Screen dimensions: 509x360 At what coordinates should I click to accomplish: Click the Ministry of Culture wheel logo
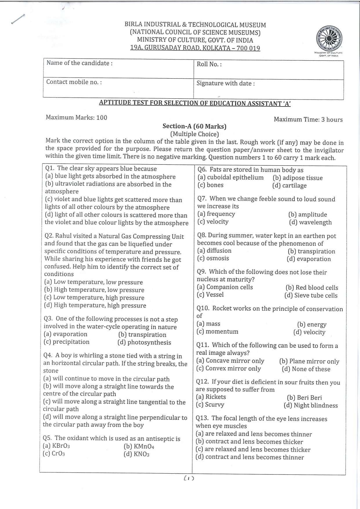pos(329,39)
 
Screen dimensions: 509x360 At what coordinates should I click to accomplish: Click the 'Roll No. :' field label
pos(209,64)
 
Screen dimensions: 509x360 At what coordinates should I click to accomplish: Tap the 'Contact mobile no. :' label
pos(74,82)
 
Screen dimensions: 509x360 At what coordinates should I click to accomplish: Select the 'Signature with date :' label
pos(225,84)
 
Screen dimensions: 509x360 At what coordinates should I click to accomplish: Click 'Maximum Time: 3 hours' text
pos(308,120)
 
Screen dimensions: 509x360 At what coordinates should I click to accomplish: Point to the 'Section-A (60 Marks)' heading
pos(194,127)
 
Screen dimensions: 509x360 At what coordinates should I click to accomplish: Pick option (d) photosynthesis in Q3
pos(144,342)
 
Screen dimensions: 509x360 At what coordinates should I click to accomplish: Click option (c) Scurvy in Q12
pos(210,405)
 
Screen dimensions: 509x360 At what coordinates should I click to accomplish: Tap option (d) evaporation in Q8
pos(309,259)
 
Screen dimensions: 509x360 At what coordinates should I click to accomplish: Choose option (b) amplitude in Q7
pos(307,215)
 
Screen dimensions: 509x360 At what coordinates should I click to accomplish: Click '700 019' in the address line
pos(248,48)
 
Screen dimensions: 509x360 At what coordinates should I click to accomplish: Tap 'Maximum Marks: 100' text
pos(76,118)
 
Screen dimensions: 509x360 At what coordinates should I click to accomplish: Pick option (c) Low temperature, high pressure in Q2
pos(94,298)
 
